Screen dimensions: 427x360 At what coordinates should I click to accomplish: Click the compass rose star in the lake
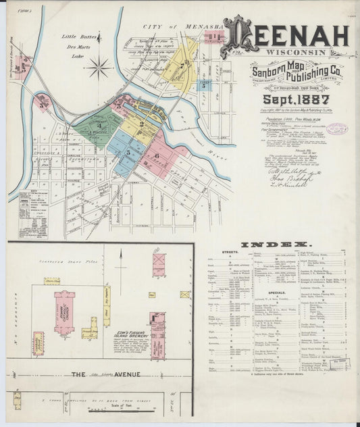tap(100, 66)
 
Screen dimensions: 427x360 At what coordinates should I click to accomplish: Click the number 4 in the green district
tap(99, 125)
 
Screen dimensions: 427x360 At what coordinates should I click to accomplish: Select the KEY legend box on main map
tap(33, 214)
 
